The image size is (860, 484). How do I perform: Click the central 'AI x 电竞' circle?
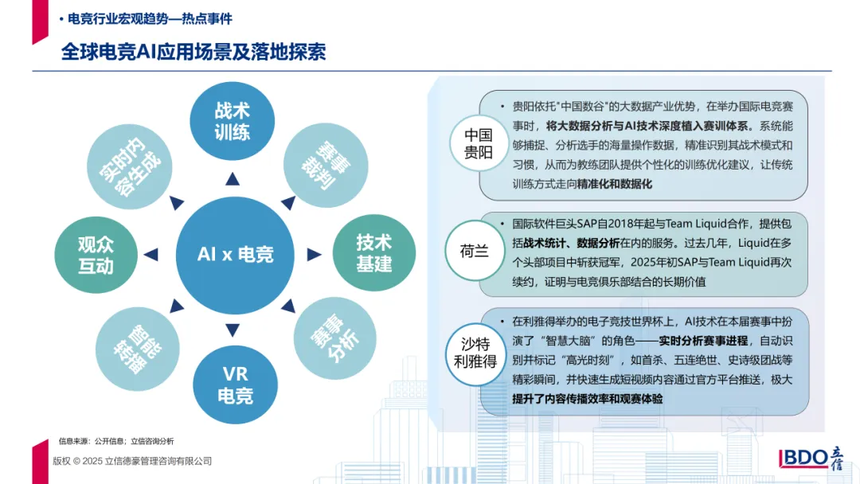235,254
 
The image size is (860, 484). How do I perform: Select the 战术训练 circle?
232,122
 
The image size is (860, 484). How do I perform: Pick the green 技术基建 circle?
373,253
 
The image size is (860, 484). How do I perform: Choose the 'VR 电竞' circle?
235,384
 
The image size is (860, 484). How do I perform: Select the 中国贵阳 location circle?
479,143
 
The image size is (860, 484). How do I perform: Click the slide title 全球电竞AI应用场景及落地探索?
193,53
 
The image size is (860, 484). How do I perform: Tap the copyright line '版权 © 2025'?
132,461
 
